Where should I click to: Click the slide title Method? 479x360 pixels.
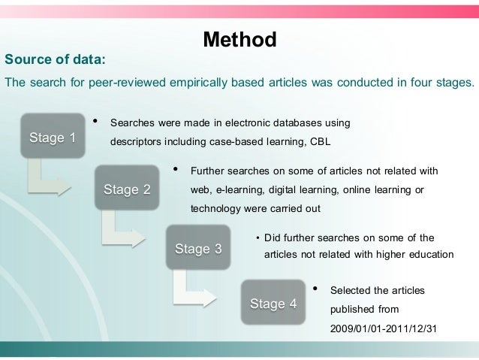239,39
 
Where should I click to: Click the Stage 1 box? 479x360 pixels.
52,138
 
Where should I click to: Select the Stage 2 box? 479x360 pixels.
126,189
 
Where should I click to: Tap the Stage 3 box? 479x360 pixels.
198,249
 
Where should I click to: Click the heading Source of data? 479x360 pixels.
56,59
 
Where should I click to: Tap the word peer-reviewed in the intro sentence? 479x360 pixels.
124,82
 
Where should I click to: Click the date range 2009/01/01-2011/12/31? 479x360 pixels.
383,328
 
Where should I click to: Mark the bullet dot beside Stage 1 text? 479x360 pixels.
94,120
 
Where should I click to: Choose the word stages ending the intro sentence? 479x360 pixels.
453,82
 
